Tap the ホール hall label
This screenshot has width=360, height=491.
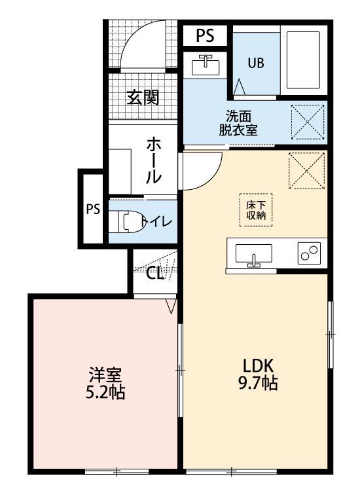click(x=153, y=159)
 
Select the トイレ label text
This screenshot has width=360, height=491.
click(x=158, y=221)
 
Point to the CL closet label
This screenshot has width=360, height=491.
click(x=154, y=273)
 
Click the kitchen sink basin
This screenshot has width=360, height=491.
click(x=254, y=255)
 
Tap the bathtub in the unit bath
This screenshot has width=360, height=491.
click(x=302, y=59)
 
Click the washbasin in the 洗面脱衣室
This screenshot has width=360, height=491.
click(x=206, y=65)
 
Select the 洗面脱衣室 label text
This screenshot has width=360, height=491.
click(x=238, y=122)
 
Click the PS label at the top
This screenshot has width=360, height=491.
click(x=205, y=35)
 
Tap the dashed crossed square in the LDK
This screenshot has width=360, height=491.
click(x=306, y=169)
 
